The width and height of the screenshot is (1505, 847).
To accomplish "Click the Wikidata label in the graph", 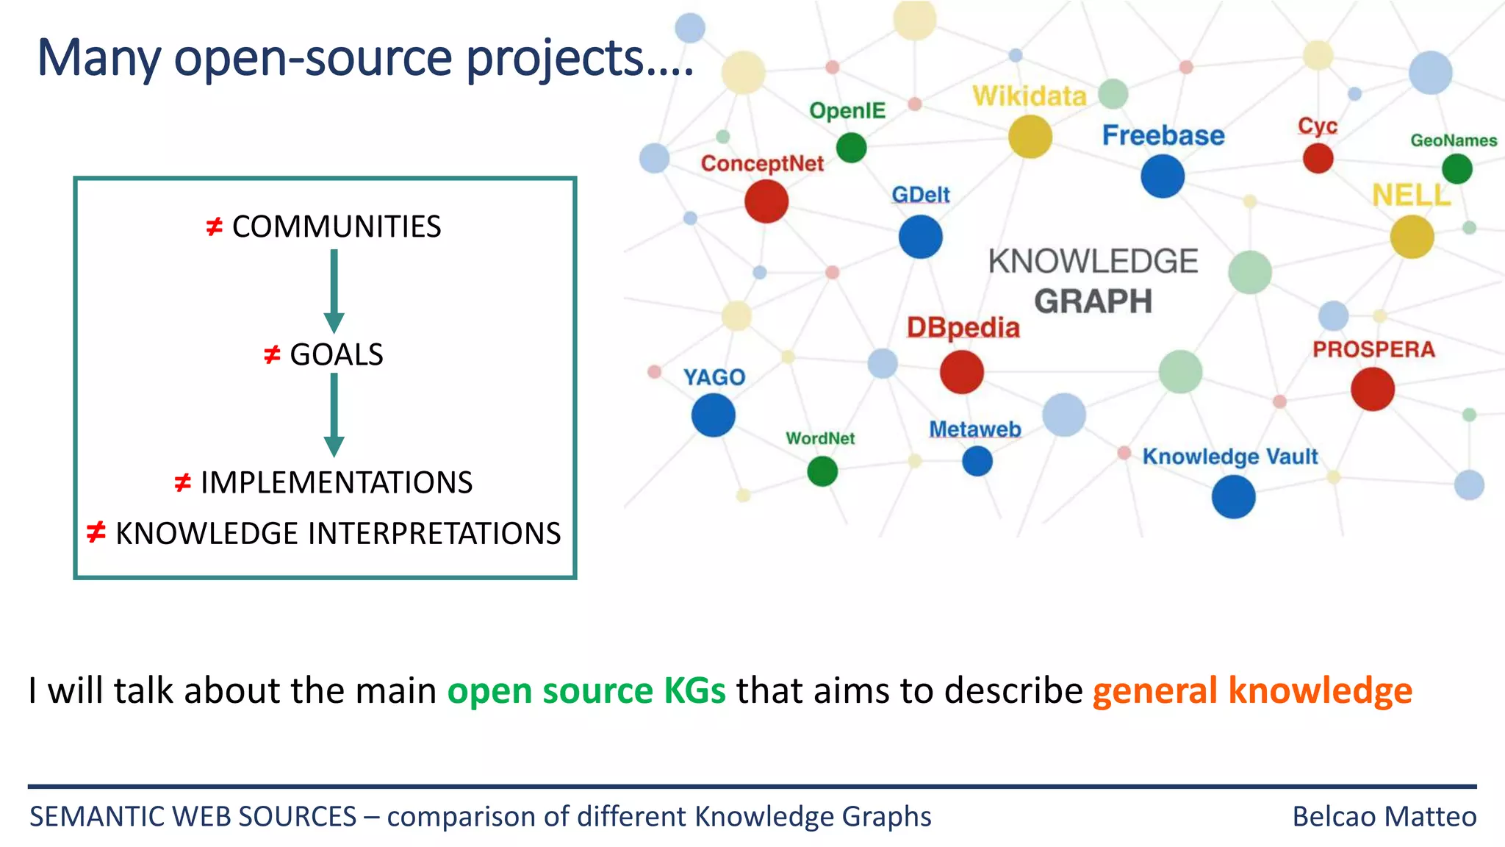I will click(x=1029, y=96).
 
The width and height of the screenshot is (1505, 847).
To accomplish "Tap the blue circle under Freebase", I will click(x=1163, y=176).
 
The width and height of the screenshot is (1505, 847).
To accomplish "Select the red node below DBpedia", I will click(x=961, y=372).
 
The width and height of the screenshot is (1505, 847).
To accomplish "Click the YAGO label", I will click(x=714, y=377).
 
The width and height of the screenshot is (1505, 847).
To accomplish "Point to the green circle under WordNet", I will click(x=822, y=471).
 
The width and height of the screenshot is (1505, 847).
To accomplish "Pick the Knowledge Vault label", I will click(x=1229, y=457).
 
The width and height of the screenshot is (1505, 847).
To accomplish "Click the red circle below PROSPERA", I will click(x=1372, y=389).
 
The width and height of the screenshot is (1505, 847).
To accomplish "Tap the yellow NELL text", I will click(x=1411, y=196).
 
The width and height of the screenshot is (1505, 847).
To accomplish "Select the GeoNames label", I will click(x=1453, y=140).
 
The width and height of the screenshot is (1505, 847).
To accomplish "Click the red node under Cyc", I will click(x=1318, y=158).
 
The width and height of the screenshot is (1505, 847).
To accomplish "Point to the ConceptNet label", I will click(x=762, y=163).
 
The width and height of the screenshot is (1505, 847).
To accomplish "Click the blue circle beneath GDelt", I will click(x=920, y=237).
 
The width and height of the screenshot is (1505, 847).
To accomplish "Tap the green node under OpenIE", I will click(x=851, y=147).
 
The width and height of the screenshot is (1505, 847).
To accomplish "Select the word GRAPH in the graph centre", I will click(x=1093, y=301).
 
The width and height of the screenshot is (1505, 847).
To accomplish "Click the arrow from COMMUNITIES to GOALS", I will click(x=334, y=290).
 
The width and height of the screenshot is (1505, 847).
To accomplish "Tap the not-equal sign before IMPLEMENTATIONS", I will click(x=182, y=483).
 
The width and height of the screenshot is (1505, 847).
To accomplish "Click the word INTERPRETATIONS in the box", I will click(x=434, y=534).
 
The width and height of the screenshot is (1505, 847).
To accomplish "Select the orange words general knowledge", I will click(x=1251, y=691).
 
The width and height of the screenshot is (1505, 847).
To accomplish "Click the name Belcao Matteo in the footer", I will click(x=1384, y=817).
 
